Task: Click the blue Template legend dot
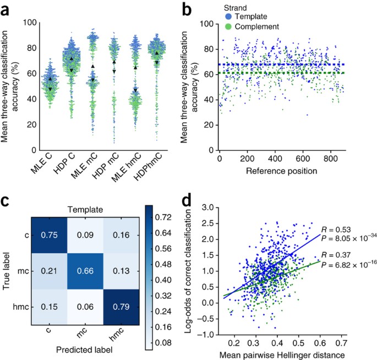[227, 17]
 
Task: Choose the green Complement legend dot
[227, 26]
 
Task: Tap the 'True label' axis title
[7, 271]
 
